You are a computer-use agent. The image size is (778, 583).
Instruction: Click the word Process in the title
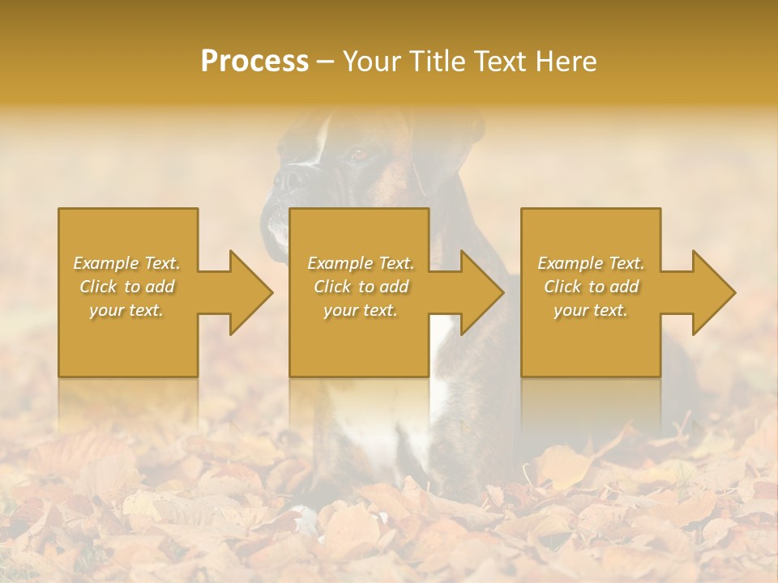[254, 62]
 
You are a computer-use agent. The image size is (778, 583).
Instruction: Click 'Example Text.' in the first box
[127, 263]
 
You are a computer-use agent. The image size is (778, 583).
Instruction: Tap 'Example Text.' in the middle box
[361, 263]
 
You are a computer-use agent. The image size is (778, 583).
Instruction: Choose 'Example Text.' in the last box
[591, 263]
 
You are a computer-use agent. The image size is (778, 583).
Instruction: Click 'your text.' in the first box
[126, 310]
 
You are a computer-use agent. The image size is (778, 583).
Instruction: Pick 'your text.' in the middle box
[361, 310]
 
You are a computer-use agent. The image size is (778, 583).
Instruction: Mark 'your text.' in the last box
[591, 310]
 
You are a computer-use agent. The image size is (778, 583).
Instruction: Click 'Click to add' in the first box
[127, 287]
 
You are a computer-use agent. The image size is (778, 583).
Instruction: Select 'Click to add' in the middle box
[361, 287]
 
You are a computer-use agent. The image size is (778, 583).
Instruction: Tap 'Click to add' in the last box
[591, 287]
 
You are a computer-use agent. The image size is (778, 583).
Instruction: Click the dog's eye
[357, 154]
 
